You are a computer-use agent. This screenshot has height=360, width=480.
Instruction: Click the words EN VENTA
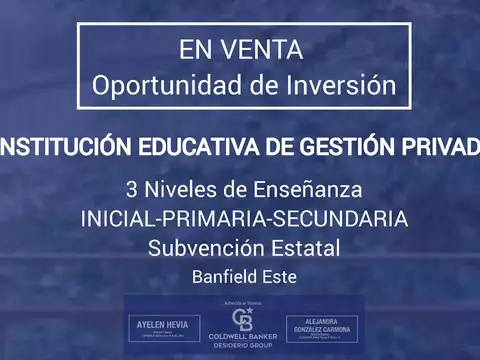click(240, 48)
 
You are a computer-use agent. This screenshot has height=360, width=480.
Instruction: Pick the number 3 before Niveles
click(132, 189)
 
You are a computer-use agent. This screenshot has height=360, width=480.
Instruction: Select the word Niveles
click(180, 189)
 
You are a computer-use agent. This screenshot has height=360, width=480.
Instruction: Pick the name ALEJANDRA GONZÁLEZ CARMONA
click(321, 329)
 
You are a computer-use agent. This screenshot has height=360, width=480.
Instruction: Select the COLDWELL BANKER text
click(241, 339)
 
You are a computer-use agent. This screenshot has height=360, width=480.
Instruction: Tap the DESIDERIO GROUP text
click(241, 348)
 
